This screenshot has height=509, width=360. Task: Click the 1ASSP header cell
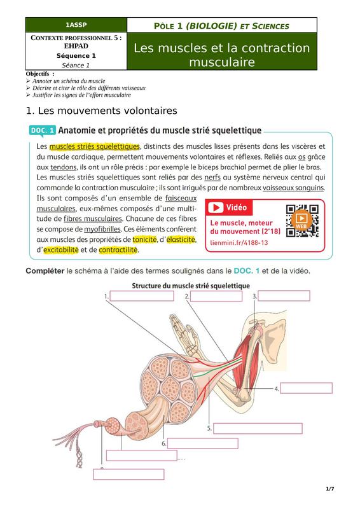[x=76, y=25]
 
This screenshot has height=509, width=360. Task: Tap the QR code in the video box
[x=302, y=221]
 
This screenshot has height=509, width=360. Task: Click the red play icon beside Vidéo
[x=216, y=207]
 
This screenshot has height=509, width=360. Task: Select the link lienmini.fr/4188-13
[x=239, y=242]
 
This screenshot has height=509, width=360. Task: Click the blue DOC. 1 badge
[x=43, y=130]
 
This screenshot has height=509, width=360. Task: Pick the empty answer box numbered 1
[x=142, y=296]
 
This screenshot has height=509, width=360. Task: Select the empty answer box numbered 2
[x=216, y=296]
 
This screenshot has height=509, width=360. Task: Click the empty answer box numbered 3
[x=284, y=296]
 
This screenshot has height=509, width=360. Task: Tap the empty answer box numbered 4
[x=307, y=388]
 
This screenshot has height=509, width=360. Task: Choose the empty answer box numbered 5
[x=258, y=428]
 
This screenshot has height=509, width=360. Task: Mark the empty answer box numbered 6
[x=202, y=443]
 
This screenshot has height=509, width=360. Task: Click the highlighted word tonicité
[x=144, y=240]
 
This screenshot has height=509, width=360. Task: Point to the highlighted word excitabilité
[x=61, y=250]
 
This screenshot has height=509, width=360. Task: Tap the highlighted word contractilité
[x=118, y=250]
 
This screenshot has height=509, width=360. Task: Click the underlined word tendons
[x=64, y=167]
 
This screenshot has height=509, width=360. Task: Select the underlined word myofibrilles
[x=102, y=230]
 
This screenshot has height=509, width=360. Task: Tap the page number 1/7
[x=330, y=489]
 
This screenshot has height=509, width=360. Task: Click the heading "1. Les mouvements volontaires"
[x=101, y=111]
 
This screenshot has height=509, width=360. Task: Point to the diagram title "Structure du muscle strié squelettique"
[x=191, y=286]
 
